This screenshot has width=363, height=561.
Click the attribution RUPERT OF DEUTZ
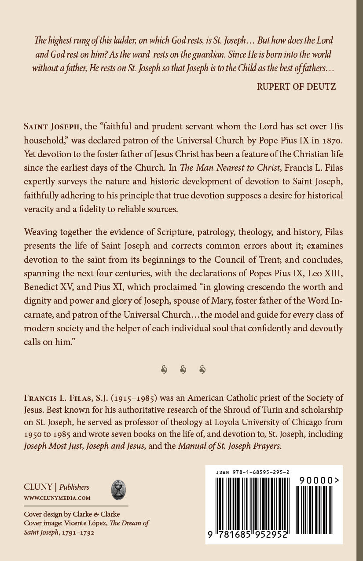(x=296, y=87)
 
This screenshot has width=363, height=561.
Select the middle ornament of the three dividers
(x=183, y=370)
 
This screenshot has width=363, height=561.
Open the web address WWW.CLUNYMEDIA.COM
(x=57, y=498)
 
